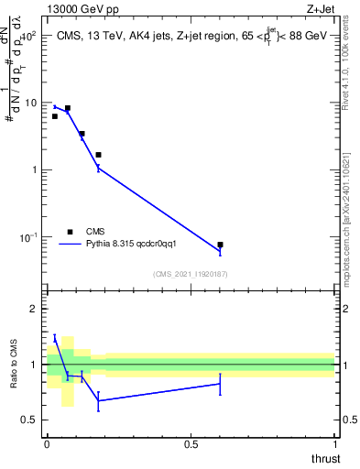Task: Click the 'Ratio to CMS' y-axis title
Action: click(13, 365)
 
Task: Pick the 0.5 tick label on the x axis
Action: click(191, 444)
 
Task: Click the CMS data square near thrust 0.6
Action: click(220, 245)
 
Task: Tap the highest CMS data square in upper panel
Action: click(68, 108)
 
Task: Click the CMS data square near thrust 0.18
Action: click(98, 155)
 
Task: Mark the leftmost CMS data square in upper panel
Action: click(55, 116)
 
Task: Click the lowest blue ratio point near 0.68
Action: click(98, 400)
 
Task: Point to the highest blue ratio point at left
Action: click(55, 339)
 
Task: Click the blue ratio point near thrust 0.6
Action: click(220, 384)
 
